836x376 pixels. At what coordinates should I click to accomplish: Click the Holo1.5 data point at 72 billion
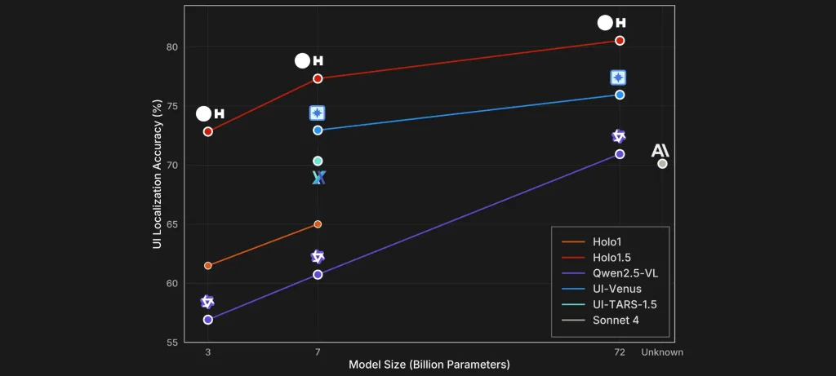tap(620, 40)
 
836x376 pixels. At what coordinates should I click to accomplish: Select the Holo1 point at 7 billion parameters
tap(318, 223)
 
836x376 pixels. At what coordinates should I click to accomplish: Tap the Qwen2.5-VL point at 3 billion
tap(208, 319)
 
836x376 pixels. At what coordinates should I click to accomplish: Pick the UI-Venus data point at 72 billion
tap(620, 95)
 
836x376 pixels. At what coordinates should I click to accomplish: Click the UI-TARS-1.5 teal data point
tap(318, 161)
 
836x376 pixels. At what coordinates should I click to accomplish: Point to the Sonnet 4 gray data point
tap(662, 164)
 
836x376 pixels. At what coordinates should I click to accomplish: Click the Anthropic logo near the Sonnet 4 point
tap(660, 150)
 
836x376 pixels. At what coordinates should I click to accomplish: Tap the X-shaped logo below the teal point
tap(318, 177)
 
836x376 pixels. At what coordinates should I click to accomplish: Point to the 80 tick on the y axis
tap(172, 46)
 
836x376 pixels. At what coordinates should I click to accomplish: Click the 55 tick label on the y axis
tap(172, 343)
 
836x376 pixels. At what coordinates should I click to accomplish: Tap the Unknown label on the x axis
tap(662, 352)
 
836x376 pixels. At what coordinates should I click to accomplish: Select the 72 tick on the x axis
tap(620, 352)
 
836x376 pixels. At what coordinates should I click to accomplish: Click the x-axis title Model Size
tap(429, 364)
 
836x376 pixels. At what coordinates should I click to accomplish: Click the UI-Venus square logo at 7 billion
tap(318, 113)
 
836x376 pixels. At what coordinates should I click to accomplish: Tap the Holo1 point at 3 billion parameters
tap(208, 265)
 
